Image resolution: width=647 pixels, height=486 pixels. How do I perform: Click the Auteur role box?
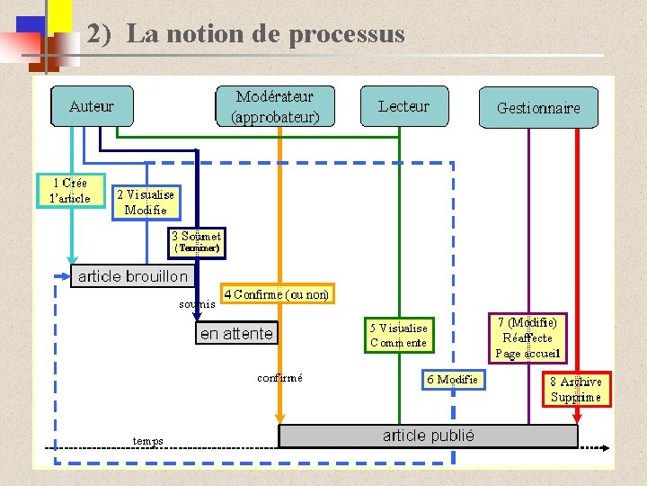coord(92,106)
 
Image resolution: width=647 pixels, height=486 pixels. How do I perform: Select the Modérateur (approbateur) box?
coord(275,106)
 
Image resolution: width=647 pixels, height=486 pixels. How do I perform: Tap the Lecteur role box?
coord(403,106)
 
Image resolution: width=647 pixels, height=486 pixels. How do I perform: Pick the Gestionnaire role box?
coord(538,108)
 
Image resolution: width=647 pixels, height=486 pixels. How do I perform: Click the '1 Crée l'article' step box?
coord(70,190)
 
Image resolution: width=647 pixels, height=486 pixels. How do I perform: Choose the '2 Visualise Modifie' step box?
coord(146,202)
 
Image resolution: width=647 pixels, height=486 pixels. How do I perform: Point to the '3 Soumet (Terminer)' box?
coord(197,242)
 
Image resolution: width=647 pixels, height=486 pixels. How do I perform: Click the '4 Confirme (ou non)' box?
coord(277,294)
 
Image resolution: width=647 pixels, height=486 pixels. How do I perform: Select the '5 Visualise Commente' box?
coord(399,336)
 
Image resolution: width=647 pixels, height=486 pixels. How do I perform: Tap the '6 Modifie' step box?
coord(453,380)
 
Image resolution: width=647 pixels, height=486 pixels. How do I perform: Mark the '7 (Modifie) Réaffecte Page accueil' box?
coord(527,337)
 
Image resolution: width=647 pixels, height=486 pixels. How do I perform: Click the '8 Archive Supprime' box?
coord(576,389)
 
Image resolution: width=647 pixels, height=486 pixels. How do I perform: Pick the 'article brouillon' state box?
coord(133,276)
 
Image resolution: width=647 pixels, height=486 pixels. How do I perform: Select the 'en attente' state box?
coord(236,333)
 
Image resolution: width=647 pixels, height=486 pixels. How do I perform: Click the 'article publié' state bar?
coord(428,436)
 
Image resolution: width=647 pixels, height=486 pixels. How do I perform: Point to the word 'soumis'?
coord(197,304)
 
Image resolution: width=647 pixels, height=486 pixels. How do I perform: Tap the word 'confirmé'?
coord(279,378)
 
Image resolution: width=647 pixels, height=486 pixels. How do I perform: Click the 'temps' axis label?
coord(147,441)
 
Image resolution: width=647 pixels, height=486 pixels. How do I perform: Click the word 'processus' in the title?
coord(347,34)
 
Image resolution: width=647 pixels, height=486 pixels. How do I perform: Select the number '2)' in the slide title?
coord(99,34)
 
